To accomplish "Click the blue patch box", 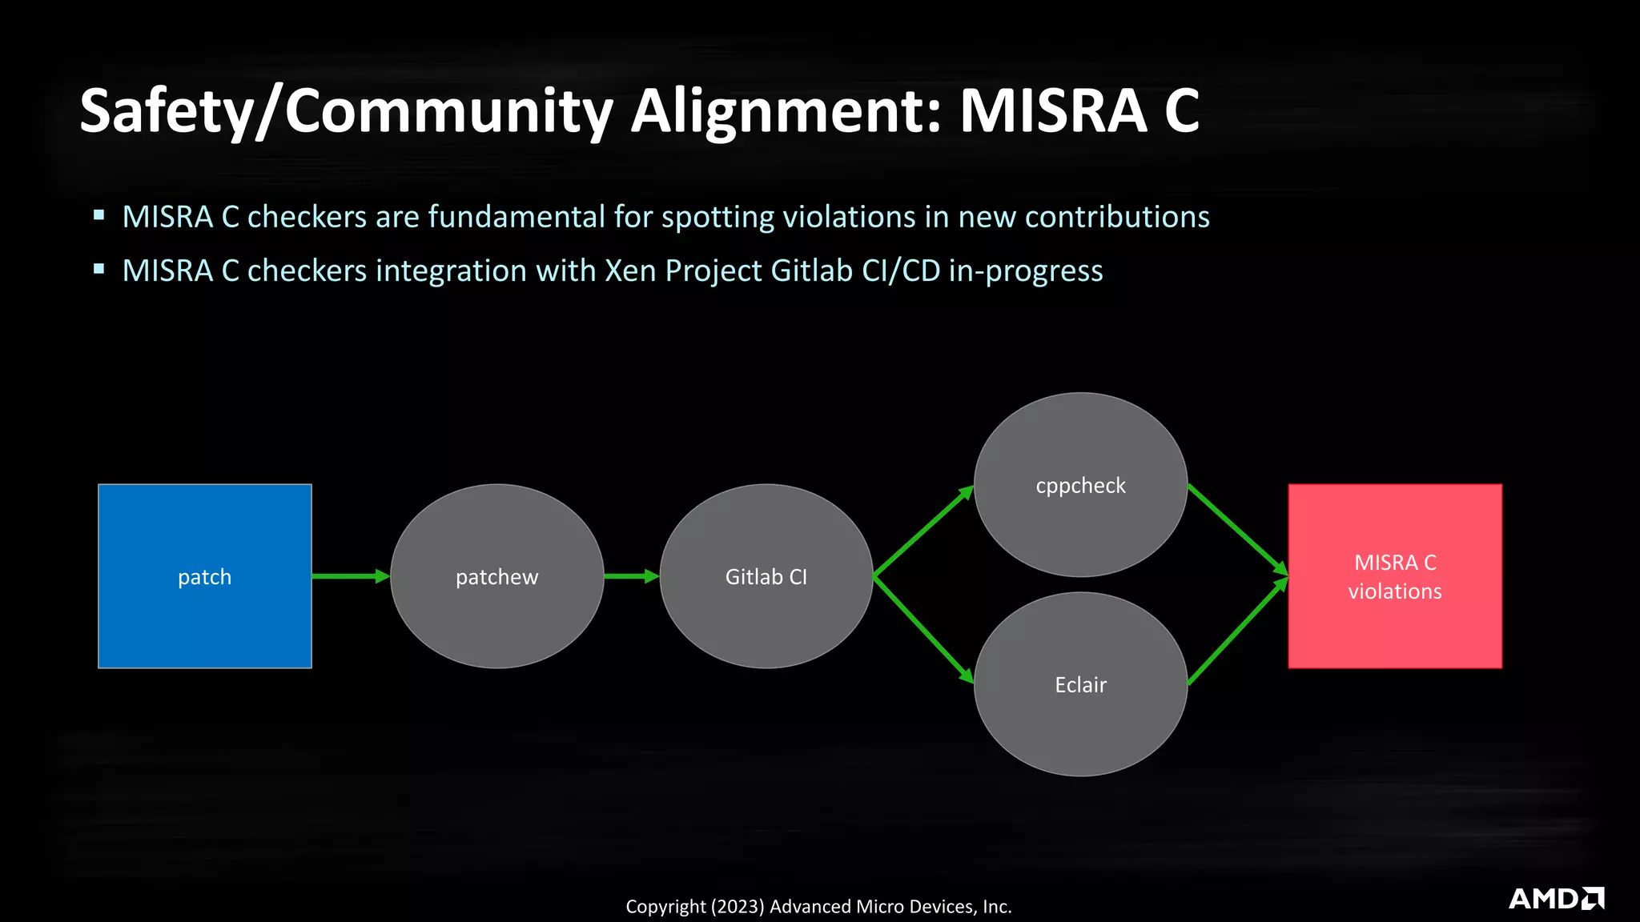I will [x=204, y=575].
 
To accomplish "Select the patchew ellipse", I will [x=496, y=575].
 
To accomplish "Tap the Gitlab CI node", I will [x=766, y=575].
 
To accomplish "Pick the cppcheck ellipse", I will [x=1080, y=484].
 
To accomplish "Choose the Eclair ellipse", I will [x=1080, y=683].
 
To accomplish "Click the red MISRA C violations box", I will [x=1394, y=575].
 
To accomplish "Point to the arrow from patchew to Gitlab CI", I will [x=631, y=575].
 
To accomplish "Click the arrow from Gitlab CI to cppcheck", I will [x=923, y=530].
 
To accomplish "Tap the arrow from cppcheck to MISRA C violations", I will [x=1237, y=529].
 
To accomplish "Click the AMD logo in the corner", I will [x=1556, y=898].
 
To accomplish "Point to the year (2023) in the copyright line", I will [x=738, y=907].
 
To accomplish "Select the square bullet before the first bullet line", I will [x=99, y=214].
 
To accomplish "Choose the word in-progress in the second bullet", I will [x=1026, y=271].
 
